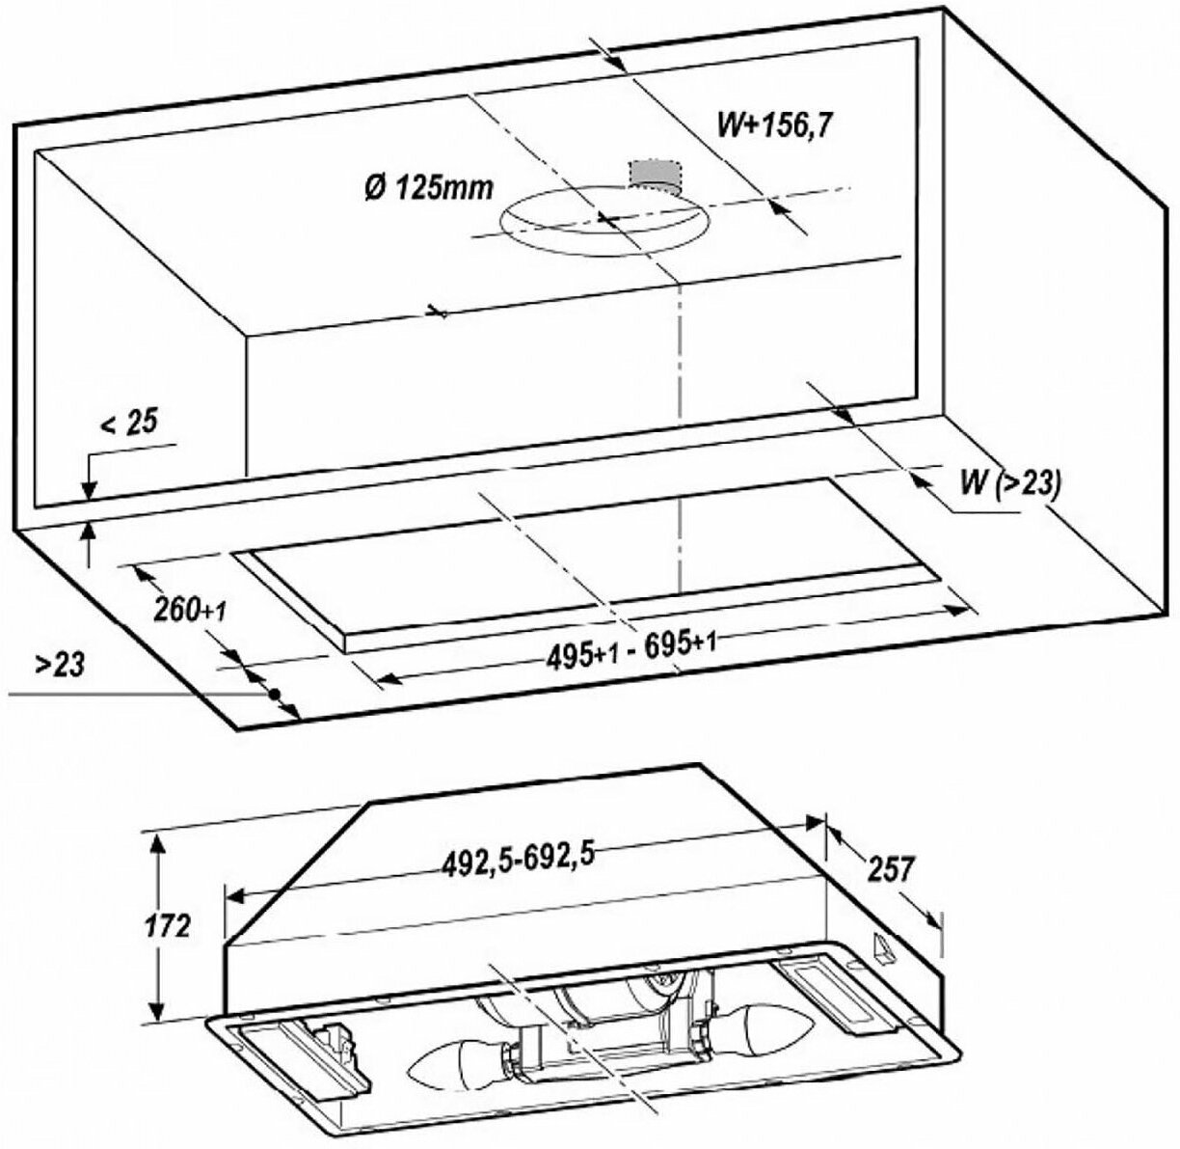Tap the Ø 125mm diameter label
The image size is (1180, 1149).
[428, 189]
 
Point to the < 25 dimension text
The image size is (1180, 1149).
[128, 423]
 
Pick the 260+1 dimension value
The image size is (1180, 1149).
[189, 609]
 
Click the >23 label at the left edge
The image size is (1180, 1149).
[60, 665]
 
